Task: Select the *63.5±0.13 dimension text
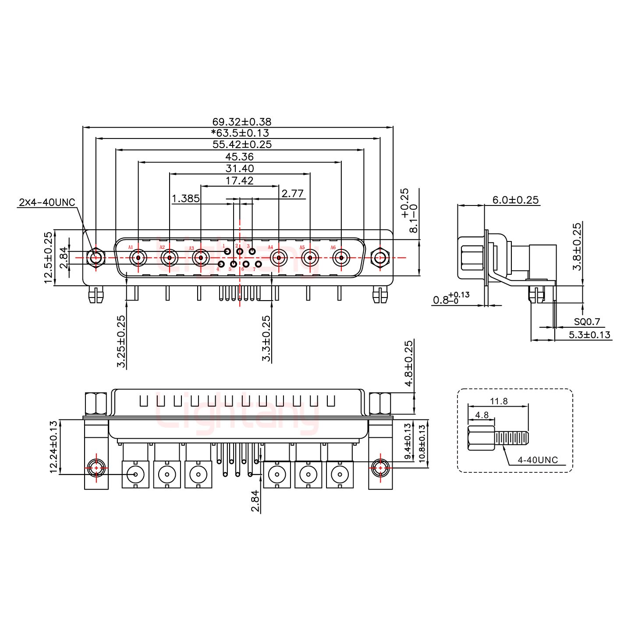point(240,133)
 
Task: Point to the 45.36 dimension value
point(239,156)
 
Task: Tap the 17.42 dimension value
point(239,180)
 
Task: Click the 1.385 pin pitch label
point(186,199)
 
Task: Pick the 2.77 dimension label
point(293,194)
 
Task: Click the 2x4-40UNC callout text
point(47,202)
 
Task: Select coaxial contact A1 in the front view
point(138,258)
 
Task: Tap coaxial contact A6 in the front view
point(340,258)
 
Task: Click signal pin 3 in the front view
point(252,252)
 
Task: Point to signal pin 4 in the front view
point(221,264)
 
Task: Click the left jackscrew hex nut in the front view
point(95,258)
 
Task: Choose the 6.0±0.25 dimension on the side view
point(515,200)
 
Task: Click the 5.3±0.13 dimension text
point(589,335)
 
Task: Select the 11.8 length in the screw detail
point(499,401)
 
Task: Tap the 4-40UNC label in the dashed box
point(537,460)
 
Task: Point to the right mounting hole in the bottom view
point(380,468)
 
